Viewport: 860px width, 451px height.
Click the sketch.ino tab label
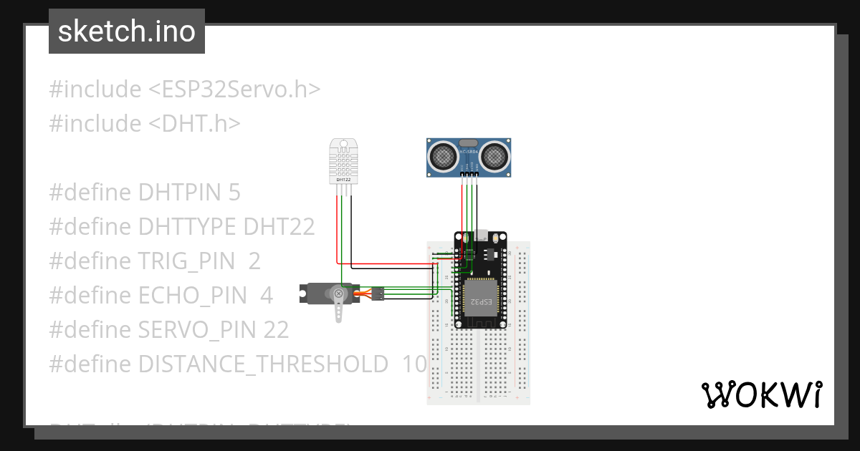[x=126, y=31]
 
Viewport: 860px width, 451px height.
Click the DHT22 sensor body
[x=343, y=160]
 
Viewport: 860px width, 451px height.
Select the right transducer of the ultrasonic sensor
[x=494, y=154]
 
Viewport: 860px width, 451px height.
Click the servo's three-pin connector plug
[x=378, y=293]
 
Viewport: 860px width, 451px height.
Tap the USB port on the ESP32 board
[x=481, y=235]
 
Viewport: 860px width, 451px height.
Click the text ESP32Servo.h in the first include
[x=234, y=89]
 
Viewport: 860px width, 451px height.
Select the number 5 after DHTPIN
[x=234, y=193]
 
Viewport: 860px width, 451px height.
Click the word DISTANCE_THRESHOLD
[x=263, y=364]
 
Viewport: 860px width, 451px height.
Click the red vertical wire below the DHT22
[x=338, y=229]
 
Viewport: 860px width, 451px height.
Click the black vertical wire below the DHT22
[x=350, y=229]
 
